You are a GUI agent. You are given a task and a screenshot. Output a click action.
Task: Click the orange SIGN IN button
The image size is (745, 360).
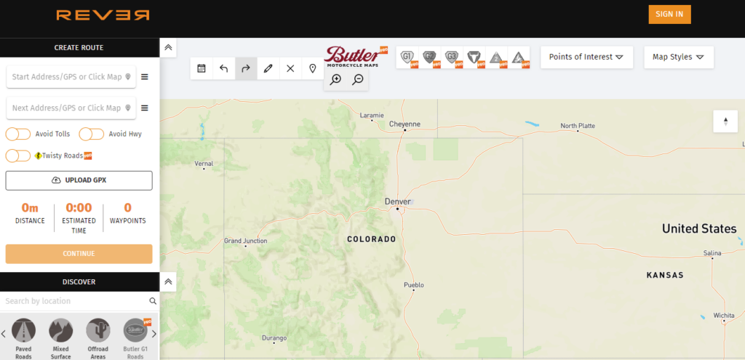click(x=669, y=15)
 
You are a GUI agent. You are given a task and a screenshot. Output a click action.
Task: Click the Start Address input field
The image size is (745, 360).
click(x=65, y=77)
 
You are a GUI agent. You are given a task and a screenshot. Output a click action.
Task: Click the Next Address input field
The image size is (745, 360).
click(x=65, y=108)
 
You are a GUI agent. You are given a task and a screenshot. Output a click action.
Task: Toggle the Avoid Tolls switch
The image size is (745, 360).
click(x=18, y=134)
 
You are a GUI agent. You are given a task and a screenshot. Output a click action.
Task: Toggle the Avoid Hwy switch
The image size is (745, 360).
click(x=92, y=134)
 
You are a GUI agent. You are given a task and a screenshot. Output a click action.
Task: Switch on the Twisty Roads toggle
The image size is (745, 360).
click(x=18, y=156)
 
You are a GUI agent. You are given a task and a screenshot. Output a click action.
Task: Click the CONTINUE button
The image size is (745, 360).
click(x=79, y=254)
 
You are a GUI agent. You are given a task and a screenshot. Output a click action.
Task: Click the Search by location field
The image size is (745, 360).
click(x=73, y=301)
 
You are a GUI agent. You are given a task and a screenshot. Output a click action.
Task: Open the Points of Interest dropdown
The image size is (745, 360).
click(x=586, y=57)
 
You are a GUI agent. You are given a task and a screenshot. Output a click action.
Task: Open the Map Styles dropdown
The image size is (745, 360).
click(x=678, y=57)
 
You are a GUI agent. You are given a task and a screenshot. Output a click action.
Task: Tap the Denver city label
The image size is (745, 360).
click(x=398, y=201)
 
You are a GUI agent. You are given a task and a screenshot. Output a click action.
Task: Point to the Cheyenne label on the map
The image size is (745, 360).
click(x=405, y=124)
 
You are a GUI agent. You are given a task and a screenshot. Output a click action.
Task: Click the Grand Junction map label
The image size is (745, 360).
click(x=245, y=241)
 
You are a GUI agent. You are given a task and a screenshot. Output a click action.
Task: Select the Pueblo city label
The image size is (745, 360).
click(x=413, y=285)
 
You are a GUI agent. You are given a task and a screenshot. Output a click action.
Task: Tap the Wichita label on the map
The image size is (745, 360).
click(x=723, y=315)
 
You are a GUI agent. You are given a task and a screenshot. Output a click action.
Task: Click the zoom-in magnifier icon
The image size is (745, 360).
click(x=335, y=80)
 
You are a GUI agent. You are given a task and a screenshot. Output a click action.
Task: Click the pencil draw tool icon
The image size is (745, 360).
click(x=268, y=68)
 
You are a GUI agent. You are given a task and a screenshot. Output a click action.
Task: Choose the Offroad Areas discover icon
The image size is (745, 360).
click(x=97, y=331)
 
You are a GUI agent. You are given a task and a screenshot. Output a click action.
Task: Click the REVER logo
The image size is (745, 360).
click(x=103, y=15)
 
